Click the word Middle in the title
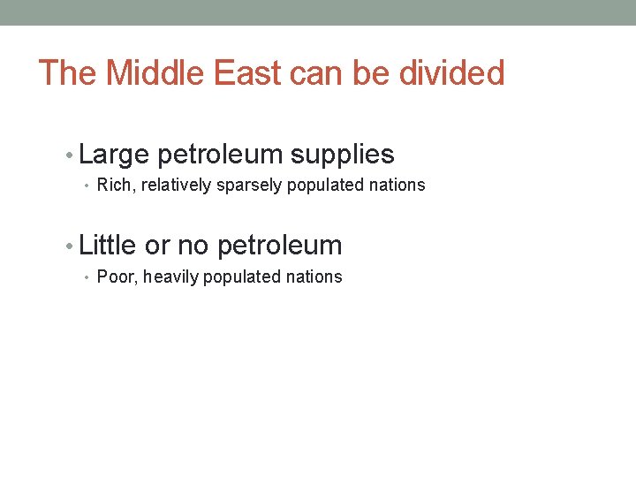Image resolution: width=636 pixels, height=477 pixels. [150, 73]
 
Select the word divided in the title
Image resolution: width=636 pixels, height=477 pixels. [451, 73]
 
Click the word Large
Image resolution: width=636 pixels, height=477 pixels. [114, 155]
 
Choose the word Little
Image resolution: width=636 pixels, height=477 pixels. [107, 245]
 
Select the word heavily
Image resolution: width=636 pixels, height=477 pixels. [171, 277]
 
